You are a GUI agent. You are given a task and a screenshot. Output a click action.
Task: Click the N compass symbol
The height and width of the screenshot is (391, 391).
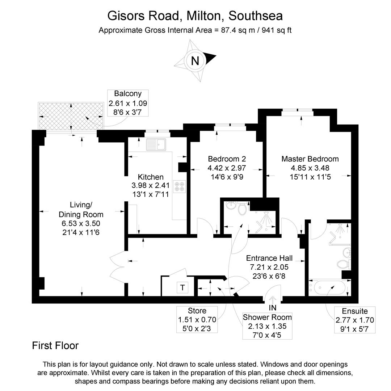click(x=195, y=60)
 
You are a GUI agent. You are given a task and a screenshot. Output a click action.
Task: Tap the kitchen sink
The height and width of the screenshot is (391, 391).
click(x=156, y=144)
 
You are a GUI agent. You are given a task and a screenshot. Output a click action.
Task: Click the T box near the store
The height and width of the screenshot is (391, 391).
click(x=182, y=288)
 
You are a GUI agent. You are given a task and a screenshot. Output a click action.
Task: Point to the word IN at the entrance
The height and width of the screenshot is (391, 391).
click(x=273, y=308)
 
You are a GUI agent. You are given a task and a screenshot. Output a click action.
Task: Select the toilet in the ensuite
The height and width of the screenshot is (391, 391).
click(x=344, y=264)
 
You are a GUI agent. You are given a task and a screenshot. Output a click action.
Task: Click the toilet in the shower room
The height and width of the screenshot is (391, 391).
click(x=243, y=209)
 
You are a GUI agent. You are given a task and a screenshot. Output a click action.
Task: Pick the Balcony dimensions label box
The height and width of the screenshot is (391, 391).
click(x=128, y=103)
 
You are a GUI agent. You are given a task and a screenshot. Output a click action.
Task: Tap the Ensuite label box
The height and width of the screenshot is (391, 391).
click(x=354, y=320)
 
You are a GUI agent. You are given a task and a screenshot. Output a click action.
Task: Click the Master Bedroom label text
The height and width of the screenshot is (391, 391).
click(x=310, y=159)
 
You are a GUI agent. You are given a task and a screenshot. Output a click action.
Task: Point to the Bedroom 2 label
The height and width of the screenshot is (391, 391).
click(x=227, y=159)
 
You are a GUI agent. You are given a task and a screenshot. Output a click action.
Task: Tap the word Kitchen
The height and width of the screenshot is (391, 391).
click(x=151, y=177)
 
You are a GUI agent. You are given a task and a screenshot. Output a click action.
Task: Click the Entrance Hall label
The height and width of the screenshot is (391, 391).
click(x=269, y=258)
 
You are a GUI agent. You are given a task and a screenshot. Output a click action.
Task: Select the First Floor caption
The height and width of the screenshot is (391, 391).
click(x=55, y=346)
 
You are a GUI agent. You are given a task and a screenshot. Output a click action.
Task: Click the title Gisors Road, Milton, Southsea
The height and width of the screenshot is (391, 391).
click(x=195, y=16)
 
